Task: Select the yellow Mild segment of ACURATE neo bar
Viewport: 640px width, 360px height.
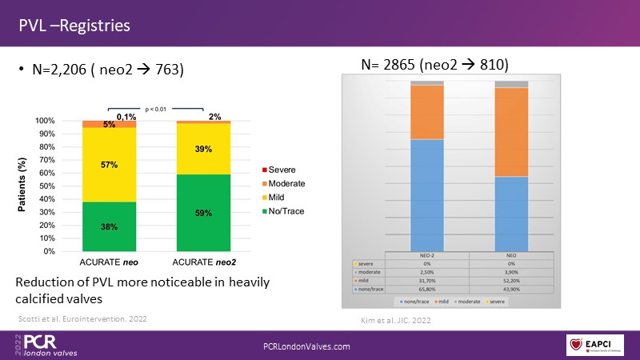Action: pyautogui.click(x=110, y=165)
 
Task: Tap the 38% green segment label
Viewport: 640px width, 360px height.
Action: pyautogui.click(x=110, y=226)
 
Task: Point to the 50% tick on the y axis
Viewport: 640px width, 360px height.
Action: pyautogui.click(x=46, y=186)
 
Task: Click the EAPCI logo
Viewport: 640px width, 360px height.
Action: pyautogui.click(x=595, y=342)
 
